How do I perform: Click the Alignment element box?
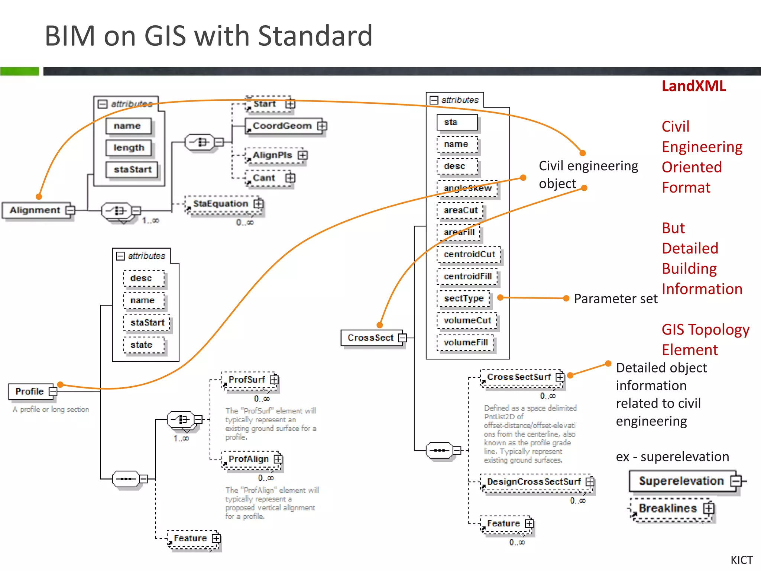point(35,210)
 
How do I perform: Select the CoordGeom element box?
point(282,126)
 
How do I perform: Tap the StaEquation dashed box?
point(221,204)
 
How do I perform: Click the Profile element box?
point(30,391)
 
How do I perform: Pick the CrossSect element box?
point(370,338)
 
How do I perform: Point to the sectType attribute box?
point(464,299)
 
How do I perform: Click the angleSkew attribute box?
point(467,188)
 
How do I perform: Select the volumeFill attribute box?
point(465,342)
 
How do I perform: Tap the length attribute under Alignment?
point(129,148)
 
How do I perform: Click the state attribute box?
point(141,345)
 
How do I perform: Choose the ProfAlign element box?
point(249,459)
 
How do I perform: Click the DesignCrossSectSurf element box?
point(534,482)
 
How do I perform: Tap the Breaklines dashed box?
point(667,508)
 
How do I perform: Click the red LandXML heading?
point(693,86)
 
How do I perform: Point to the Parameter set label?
point(615,299)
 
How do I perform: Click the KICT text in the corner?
point(741,560)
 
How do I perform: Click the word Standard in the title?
point(315,36)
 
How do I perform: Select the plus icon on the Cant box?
point(290,178)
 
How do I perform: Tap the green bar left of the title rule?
point(19,71)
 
